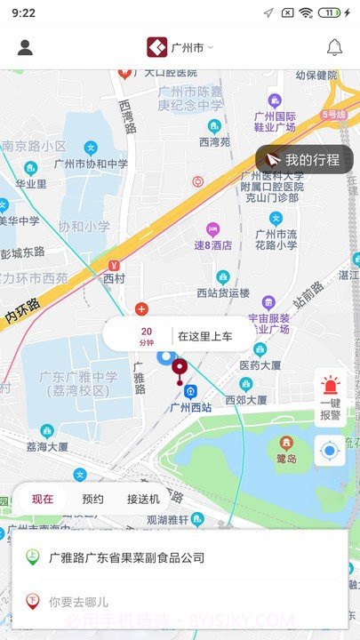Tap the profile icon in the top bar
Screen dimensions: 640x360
[25, 48]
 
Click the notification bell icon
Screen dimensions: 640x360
[334, 48]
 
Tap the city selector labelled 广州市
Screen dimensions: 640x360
[180, 48]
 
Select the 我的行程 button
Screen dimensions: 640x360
[304, 160]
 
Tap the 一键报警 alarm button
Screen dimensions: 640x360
[330, 398]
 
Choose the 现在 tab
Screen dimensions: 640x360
[43, 499]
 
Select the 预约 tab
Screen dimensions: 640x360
[92, 499]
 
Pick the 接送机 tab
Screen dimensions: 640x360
[143, 499]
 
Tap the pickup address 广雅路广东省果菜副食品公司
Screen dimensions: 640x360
[126, 558]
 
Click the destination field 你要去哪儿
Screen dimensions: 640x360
[78, 602]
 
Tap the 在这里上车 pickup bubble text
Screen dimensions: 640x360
[204, 336]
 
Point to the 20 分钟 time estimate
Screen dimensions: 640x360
[147, 336]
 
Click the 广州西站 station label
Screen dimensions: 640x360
[190, 407]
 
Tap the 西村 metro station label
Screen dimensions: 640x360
[115, 278]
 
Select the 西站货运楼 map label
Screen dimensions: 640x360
[223, 292]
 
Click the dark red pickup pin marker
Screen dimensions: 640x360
[180, 367]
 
